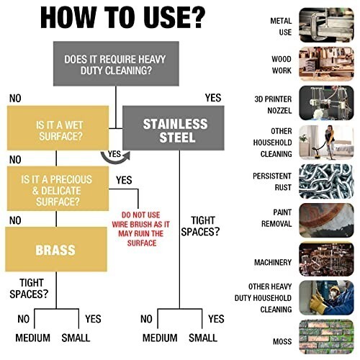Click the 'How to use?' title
[x=122, y=18]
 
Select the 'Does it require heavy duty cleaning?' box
[x=116, y=63]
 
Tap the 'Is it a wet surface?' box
[x=58, y=128]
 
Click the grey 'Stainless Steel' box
[x=174, y=128]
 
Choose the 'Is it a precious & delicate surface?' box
[x=58, y=189]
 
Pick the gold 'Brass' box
[x=56, y=249]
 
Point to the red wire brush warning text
[x=141, y=229]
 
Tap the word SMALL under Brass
[x=76, y=338]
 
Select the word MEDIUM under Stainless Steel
[x=160, y=338]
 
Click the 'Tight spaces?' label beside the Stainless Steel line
[x=200, y=226]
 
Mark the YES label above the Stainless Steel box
[x=213, y=98]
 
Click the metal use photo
[x=326, y=25]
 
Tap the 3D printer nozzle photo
[x=326, y=103]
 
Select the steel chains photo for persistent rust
[x=326, y=181]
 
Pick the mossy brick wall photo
[x=326, y=337]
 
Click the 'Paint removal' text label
[x=276, y=218]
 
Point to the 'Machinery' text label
[x=273, y=262]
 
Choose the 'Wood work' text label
[x=282, y=65]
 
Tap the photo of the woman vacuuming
[x=326, y=143]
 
